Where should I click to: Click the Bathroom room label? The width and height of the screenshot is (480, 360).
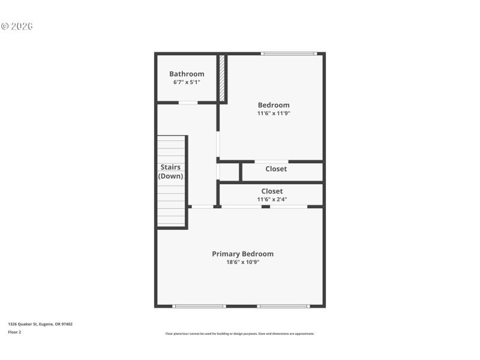point(187,74)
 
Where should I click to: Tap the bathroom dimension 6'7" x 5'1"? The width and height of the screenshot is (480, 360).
point(187,82)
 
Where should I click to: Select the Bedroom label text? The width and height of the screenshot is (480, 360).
point(274,105)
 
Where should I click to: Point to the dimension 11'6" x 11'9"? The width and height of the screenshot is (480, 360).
point(274,113)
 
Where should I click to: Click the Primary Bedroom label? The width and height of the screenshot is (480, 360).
point(242,254)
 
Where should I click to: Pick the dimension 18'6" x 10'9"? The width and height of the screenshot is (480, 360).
point(242,262)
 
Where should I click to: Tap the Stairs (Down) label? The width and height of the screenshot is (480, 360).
point(170,172)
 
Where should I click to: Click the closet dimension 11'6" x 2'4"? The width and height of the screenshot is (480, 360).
point(272,199)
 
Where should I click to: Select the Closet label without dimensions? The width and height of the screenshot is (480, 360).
point(276,169)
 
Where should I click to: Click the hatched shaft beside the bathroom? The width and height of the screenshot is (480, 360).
point(221,78)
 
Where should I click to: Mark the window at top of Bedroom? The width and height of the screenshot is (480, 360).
point(289,54)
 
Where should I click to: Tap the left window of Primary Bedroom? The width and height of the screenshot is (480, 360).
point(199,306)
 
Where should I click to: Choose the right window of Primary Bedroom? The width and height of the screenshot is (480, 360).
point(284,306)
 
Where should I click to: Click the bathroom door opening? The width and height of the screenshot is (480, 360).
point(188,103)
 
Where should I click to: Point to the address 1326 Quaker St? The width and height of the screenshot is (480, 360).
point(40,324)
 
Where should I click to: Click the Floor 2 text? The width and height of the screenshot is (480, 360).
point(14,332)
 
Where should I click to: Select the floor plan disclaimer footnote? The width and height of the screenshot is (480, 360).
point(240,334)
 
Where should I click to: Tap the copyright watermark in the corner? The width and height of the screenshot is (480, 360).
point(17,26)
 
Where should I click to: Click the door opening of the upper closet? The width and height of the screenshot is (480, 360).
point(272,161)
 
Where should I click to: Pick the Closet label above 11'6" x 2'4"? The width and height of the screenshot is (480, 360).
point(272,191)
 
